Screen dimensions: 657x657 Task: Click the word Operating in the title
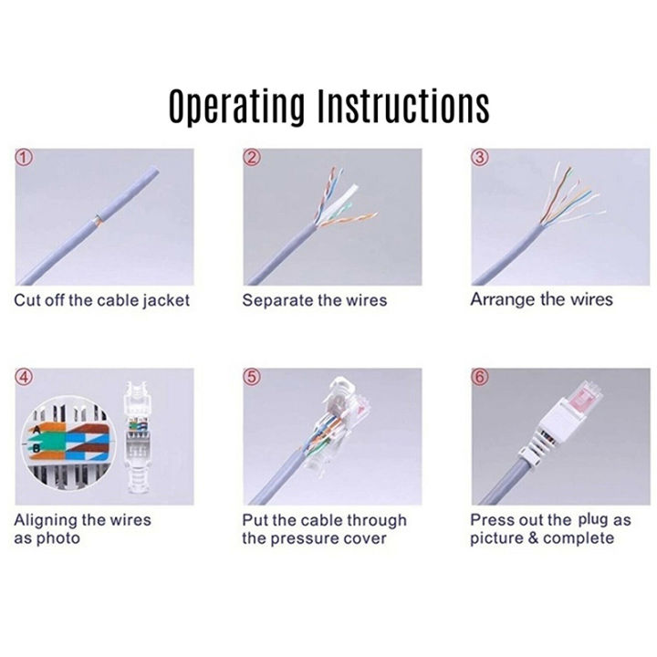(x=236, y=107)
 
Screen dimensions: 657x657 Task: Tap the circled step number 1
(x=26, y=157)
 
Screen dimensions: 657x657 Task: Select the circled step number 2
(x=253, y=157)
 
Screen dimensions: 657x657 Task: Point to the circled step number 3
(x=482, y=157)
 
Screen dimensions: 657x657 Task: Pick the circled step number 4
(x=26, y=377)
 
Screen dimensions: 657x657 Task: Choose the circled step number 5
(x=253, y=377)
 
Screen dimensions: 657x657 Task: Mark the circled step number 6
(x=482, y=377)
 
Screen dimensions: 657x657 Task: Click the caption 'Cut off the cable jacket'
(x=101, y=300)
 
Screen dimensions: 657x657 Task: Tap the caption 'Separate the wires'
(x=314, y=300)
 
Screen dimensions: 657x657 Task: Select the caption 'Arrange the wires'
(x=541, y=299)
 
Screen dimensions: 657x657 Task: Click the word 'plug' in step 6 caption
(x=592, y=519)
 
